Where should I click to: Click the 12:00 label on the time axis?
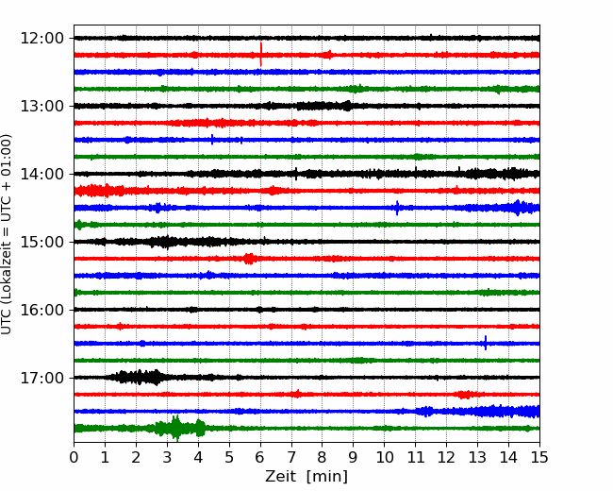(x=41, y=39)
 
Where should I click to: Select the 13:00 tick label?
(x=41, y=106)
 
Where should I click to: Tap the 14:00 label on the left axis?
(x=41, y=174)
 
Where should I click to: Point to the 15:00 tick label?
(x=41, y=242)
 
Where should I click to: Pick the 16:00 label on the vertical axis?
(x=41, y=310)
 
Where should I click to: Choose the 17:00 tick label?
(x=41, y=378)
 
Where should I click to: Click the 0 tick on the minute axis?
(x=74, y=457)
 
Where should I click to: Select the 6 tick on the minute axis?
(x=260, y=457)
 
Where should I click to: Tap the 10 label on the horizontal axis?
(x=384, y=457)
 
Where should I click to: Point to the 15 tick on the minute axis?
(x=539, y=457)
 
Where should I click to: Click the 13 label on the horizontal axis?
(x=478, y=457)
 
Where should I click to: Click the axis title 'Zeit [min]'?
(x=306, y=477)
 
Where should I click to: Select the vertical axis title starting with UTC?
(x=6, y=234)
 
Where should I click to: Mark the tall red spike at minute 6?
(x=260, y=55)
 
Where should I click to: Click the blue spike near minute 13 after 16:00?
(x=486, y=343)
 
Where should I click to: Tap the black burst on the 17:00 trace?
(x=137, y=378)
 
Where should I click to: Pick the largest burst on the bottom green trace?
(x=176, y=428)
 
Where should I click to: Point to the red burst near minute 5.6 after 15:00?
(x=249, y=259)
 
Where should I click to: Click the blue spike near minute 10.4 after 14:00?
(x=397, y=208)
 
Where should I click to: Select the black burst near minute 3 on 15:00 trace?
(x=166, y=242)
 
